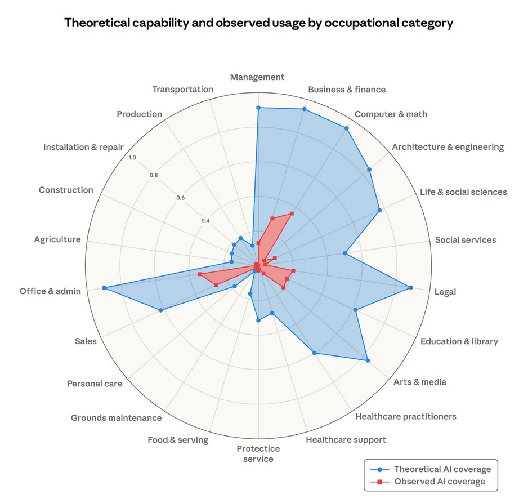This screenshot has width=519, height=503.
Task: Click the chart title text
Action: tap(259, 23)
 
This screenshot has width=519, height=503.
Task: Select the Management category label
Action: tap(257, 77)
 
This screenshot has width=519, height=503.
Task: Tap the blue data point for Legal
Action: tap(411, 288)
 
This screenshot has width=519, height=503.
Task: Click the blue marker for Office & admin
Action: tap(104, 288)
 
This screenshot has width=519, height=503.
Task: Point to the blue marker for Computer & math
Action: tap(346, 128)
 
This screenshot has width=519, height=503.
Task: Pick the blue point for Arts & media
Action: tap(368, 360)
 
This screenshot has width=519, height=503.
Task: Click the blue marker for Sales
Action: tap(161, 310)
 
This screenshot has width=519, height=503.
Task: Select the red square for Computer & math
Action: tap(292, 213)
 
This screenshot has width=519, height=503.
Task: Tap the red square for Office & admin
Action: tap(199, 274)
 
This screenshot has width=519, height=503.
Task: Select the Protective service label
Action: tap(258, 453)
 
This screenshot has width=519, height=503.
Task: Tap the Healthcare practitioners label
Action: tap(405, 417)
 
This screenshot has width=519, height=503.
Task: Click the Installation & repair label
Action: tap(83, 148)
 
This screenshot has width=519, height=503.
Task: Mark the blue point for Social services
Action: tap(344, 253)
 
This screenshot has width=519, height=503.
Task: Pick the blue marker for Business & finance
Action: tap(305, 109)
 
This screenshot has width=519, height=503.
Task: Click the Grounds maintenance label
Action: tap(116, 418)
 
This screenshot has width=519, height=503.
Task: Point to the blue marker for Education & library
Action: tap(355, 310)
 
